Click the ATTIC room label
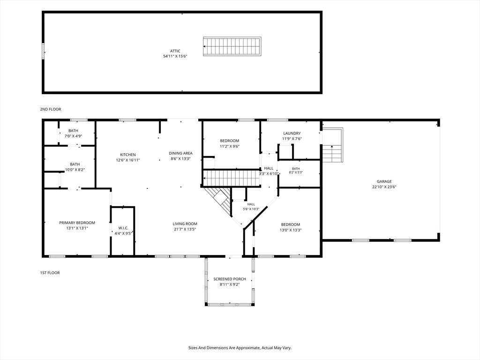click(175, 51)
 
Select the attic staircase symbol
click(232, 46)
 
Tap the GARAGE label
click(384, 181)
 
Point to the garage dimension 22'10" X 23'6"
click(384, 187)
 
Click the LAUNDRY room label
click(292, 134)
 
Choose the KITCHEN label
click(128, 155)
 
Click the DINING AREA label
click(180, 153)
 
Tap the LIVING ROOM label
click(185, 224)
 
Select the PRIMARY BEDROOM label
click(77, 223)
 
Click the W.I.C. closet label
click(123, 228)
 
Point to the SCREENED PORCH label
click(230, 279)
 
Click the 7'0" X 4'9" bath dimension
click(73, 136)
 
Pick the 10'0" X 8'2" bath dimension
click(75, 170)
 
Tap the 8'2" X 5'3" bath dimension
click(296, 172)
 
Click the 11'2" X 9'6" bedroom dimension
click(230, 146)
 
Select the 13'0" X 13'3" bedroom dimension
click(291, 230)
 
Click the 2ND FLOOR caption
click(51, 109)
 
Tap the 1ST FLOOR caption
click(50, 273)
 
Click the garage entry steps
click(332, 145)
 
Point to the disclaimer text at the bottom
click(240, 348)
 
